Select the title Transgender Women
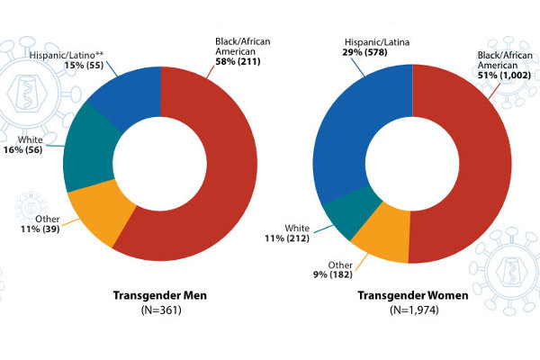click(x=413, y=295)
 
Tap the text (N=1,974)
click(x=413, y=311)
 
